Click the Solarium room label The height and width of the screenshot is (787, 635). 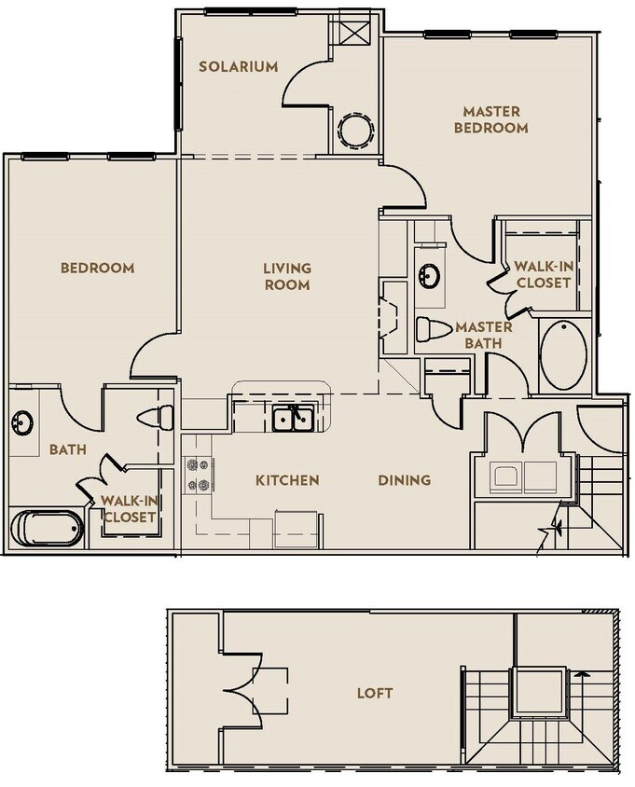(x=239, y=66)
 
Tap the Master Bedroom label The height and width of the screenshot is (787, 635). (x=490, y=119)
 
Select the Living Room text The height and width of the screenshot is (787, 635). (x=286, y=276)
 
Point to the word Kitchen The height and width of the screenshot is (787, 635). (x=287, y=480)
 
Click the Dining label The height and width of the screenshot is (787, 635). (x=404, y=480)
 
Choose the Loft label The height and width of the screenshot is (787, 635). (x=375, y=693)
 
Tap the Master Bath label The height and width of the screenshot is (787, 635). (x=483, y=335)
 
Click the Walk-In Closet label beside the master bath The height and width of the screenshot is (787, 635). (x=543, y=274)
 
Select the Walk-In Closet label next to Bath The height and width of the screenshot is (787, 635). (x=130, y=509)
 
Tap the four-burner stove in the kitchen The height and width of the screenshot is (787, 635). (x=198, y=474)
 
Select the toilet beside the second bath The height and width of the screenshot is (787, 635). (x=156, y=416)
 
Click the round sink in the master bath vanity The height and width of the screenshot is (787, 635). (x=431, y=277)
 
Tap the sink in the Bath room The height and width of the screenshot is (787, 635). (x=22, y=423)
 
